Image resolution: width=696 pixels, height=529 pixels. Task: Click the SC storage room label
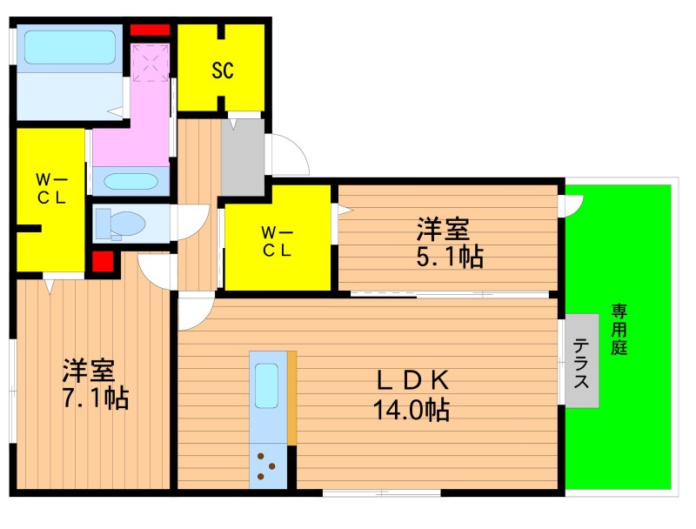click(x=223, y=70)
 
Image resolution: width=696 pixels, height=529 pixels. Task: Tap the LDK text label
click(x=412, y=380)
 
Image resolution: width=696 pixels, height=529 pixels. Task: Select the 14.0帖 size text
click(x=412, y=410)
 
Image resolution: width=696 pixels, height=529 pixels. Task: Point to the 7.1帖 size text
click(x=95, y=398)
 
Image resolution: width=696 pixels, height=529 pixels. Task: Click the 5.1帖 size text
click(x=450, y=257)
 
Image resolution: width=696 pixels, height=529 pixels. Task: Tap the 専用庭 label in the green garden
click(x=619, y=329)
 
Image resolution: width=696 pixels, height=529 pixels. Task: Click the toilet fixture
click(x=121, y=224)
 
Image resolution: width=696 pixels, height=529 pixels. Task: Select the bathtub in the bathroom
click(x=70, y=47)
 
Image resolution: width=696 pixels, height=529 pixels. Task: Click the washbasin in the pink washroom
click(x=131, y=182)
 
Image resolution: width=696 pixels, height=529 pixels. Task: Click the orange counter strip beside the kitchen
click(x=291, y=398)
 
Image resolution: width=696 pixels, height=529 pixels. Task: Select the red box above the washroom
click(x=150, y=30)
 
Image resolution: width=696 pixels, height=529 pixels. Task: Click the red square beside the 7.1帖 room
click(x=103, y=261)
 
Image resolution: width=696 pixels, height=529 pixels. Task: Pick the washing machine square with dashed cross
click(x=151, y=63)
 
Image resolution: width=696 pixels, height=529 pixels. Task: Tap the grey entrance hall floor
click(x=243, y=157)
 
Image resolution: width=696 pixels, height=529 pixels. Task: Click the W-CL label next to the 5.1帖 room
click(x=277, y=241)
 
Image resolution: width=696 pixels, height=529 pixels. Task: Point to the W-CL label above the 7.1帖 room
click(x=51, y=189)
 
